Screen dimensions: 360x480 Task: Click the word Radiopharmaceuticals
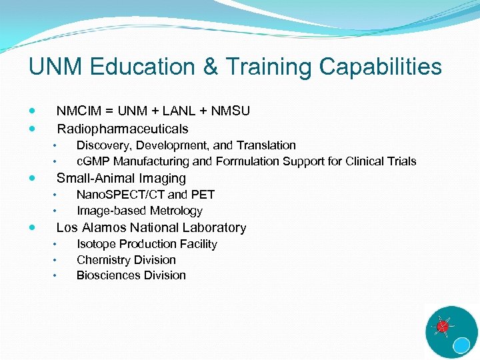(123, 129)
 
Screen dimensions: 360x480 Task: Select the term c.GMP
(93, 161)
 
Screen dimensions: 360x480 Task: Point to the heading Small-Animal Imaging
(121, 178)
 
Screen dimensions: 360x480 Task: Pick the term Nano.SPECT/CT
(121, 195)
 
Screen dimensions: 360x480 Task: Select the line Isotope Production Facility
(147, 244)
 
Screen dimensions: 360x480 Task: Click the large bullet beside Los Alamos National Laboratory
(33, 227)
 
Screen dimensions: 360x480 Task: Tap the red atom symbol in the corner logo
(441, 327)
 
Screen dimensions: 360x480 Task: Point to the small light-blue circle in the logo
(461, 345)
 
